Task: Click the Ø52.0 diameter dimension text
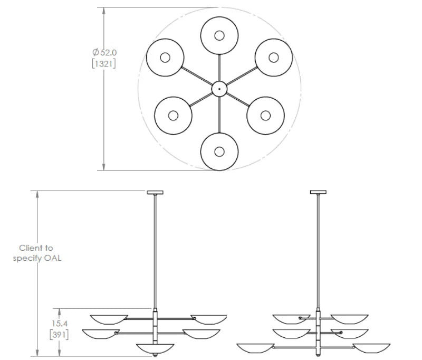coord(104,52)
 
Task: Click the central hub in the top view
coord(219,89)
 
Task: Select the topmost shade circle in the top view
coord(219,35)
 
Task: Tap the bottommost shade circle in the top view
coord(219,151)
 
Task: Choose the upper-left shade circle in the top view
coord(165,57)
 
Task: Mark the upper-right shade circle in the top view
coord(274,57)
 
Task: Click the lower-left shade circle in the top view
coord(174,115)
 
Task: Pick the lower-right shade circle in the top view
coord(265,115)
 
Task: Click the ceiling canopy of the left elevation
coord(155,192)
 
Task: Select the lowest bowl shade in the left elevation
coord(155,348)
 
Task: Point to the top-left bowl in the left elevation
coord(109,319)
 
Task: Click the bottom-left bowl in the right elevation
coord(255,348)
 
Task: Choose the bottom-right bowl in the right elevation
coord(372,348)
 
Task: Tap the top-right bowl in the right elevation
coord(349,319)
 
